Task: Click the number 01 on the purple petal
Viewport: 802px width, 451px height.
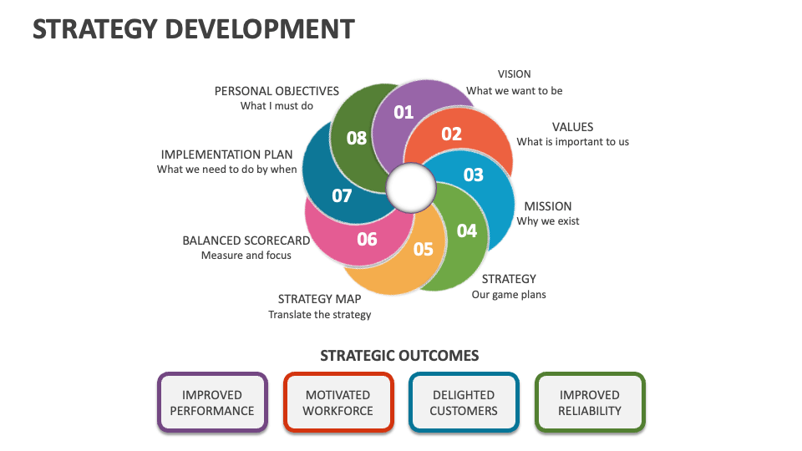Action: coord(404,112)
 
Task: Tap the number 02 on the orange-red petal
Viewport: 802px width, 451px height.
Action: coord(451,134)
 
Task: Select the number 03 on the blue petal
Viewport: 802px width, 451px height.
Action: coord(474,175)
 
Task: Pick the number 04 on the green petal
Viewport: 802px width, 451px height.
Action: coord(466,231)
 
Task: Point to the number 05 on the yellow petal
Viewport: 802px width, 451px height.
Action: coord(424,249)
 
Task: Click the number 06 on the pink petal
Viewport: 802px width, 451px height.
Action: coord(368,239)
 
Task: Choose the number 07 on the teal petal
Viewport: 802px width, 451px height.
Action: coord(342,196)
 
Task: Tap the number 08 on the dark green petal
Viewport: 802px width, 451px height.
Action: coord(357,138)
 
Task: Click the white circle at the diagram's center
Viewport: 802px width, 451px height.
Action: coord(408,188)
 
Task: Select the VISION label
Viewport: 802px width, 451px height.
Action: coord(514,74)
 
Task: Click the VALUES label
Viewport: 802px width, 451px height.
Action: coord(572,127)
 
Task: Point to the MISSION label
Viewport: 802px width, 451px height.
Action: coord(548,206)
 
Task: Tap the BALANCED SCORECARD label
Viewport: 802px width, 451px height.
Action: coord(246,241)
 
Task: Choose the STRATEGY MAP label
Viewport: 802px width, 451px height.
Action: coord(319,299)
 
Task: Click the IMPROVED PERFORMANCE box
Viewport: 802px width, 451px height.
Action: coord(212,403)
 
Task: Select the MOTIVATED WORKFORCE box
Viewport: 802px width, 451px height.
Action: coord(338,403)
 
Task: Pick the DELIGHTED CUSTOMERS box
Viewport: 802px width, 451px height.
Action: coord(464,403)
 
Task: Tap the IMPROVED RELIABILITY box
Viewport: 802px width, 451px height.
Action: coord(590,403)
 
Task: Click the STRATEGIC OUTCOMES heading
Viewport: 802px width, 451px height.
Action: coord(399,356)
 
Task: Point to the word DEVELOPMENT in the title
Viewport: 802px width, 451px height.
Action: coord(259,28)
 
